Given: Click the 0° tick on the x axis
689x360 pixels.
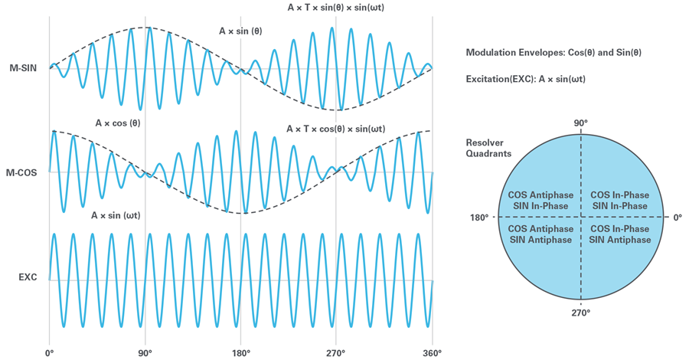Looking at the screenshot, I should (x=50, y=353).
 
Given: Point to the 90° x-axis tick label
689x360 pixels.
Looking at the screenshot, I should (x=145, y=353).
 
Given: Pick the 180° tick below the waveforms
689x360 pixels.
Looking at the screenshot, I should (x=241, y=353).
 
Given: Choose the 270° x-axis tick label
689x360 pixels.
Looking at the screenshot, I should (x=335, y=353).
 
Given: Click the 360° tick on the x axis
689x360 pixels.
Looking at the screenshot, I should (x=431, y=353).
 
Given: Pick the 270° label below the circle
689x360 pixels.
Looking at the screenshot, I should (x=580, y=313).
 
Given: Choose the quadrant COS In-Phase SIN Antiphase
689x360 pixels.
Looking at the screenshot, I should (x=620, y=234).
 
